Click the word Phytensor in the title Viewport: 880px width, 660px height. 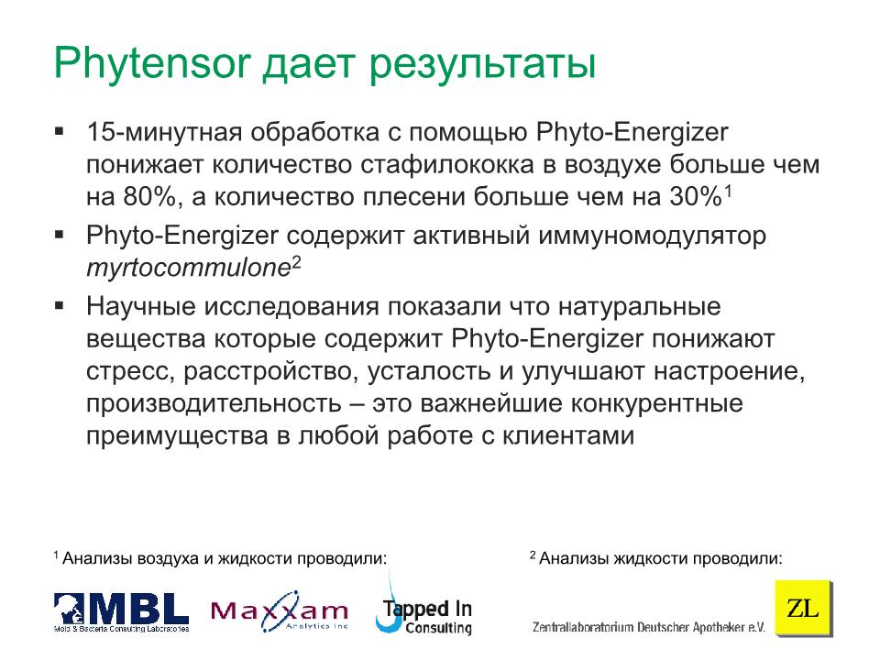click(151, 63)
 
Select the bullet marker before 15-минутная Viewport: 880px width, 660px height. click(59, 132)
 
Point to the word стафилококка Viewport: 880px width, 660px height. click(446, 164)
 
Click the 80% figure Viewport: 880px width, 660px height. click(153, 197)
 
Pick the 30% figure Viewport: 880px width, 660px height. click(696, 196)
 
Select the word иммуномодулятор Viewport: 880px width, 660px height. click(652, 236)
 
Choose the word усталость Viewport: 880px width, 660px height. click(429, 371)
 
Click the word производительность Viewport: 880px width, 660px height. click(214, 404)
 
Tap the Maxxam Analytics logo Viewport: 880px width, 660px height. click(280, 611)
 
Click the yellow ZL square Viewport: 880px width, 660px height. click(803, 608)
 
